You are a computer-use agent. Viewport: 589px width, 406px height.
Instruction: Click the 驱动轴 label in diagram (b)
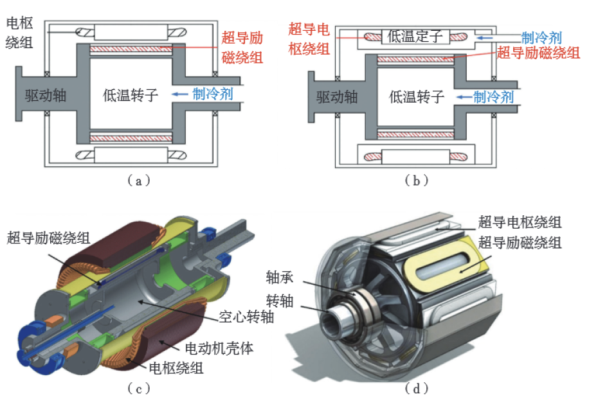pyautogui.click(x=337, y=97)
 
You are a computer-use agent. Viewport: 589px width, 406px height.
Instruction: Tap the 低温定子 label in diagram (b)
pyautogui.click(x=416, y=37)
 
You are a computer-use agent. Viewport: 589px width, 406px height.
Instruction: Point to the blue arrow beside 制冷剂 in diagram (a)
pyautogui.click(x=180, y=94)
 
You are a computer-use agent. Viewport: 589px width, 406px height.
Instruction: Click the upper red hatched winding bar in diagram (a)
pyautogui.click(x=131, y=49)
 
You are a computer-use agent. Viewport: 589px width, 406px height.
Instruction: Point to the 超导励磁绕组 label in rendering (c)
pyautogui.click(x=49, y=238)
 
